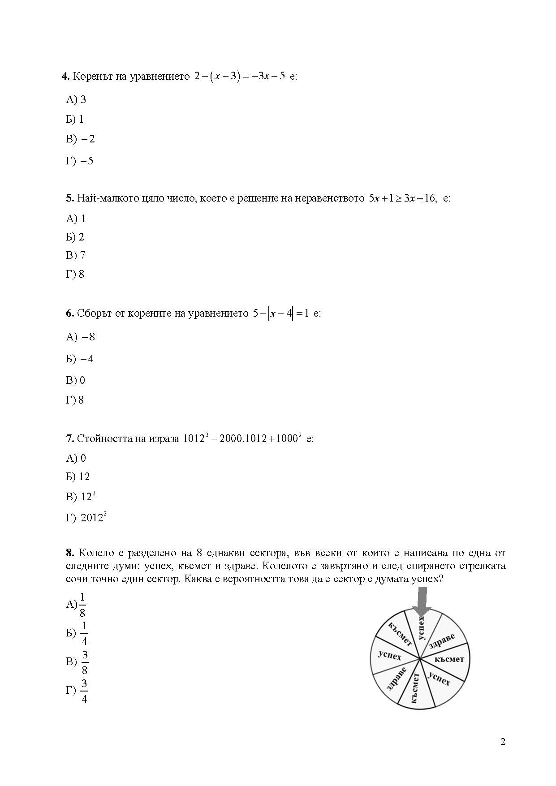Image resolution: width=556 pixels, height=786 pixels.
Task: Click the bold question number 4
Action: (65, 76)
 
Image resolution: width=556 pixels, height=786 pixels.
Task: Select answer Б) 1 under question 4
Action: (75, 119)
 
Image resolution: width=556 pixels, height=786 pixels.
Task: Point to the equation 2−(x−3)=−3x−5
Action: (240, 76)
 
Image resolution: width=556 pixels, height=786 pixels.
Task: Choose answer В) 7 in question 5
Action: (75, 255)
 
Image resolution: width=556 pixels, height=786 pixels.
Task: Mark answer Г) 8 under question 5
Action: (75, 274)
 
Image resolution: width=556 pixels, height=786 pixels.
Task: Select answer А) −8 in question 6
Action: (80, 337)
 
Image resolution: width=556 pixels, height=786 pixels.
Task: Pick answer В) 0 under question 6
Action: (75, 380)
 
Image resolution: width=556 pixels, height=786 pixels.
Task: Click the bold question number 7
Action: (70, 438)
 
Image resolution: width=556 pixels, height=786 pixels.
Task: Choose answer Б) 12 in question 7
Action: (78, 477)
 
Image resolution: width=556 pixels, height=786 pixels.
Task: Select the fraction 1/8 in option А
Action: (82, 605)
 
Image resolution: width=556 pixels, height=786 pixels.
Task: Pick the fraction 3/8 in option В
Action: (85, 662)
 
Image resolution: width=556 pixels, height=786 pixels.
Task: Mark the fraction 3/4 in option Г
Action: (84, 691)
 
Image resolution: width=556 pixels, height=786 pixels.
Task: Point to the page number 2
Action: (503, 742)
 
